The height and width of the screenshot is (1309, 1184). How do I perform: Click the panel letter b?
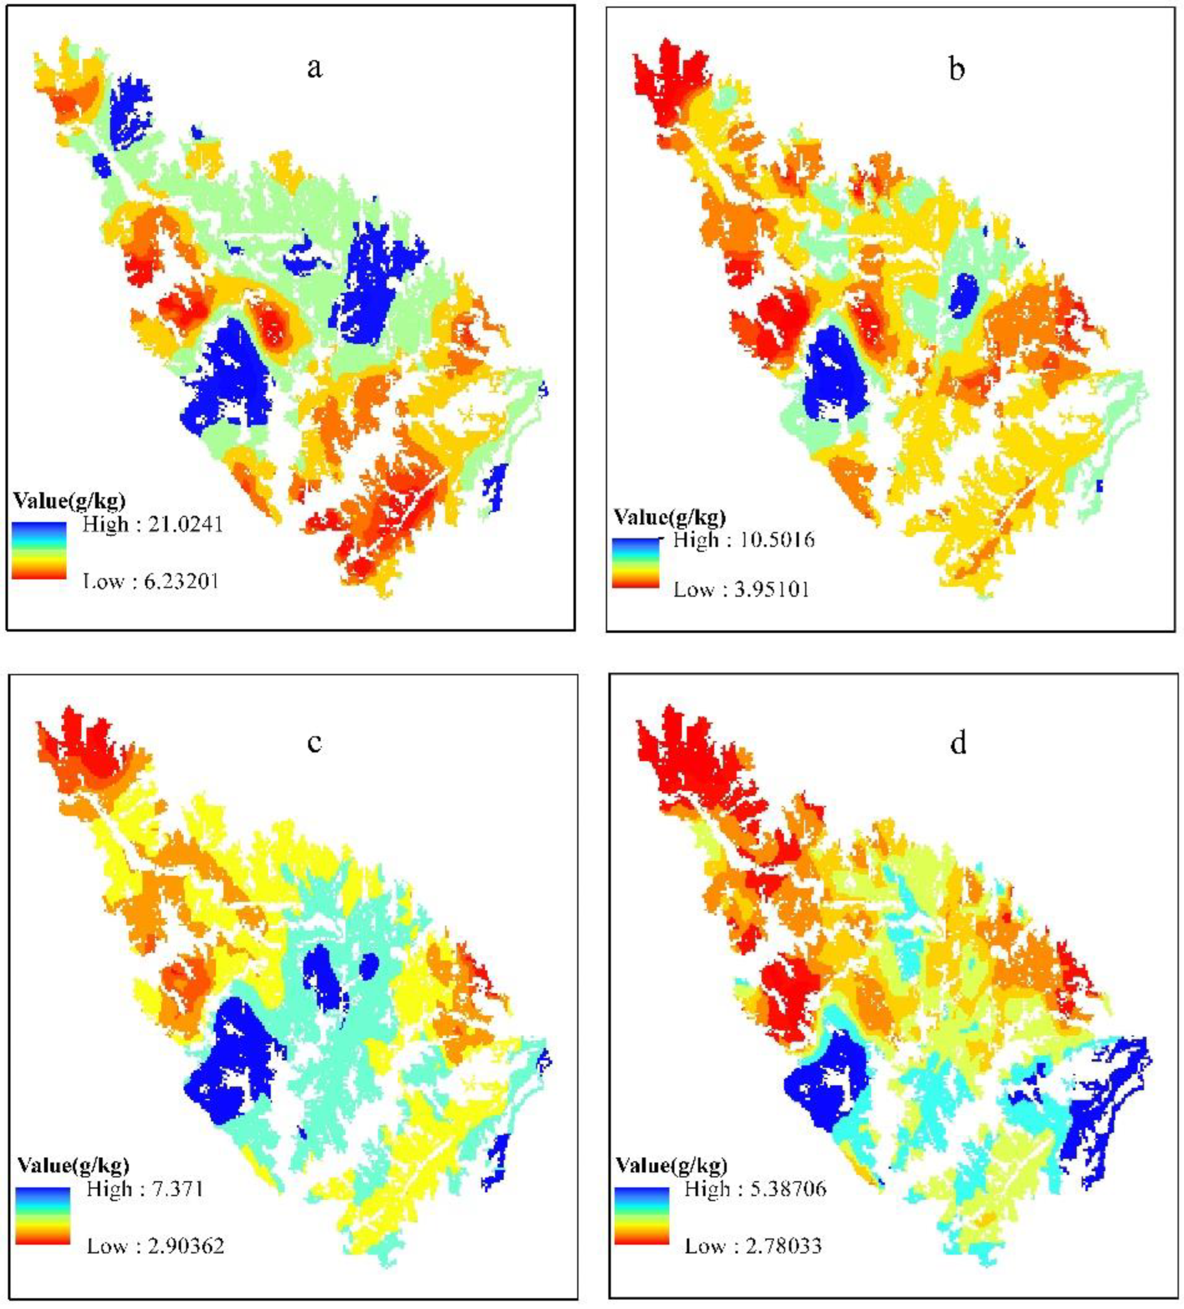[956, 69]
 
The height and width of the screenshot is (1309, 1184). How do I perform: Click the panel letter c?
[314, 742]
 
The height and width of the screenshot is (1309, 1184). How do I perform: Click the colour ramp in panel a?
[39, 550]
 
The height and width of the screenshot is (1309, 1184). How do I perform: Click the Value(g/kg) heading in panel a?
[69, 501]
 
